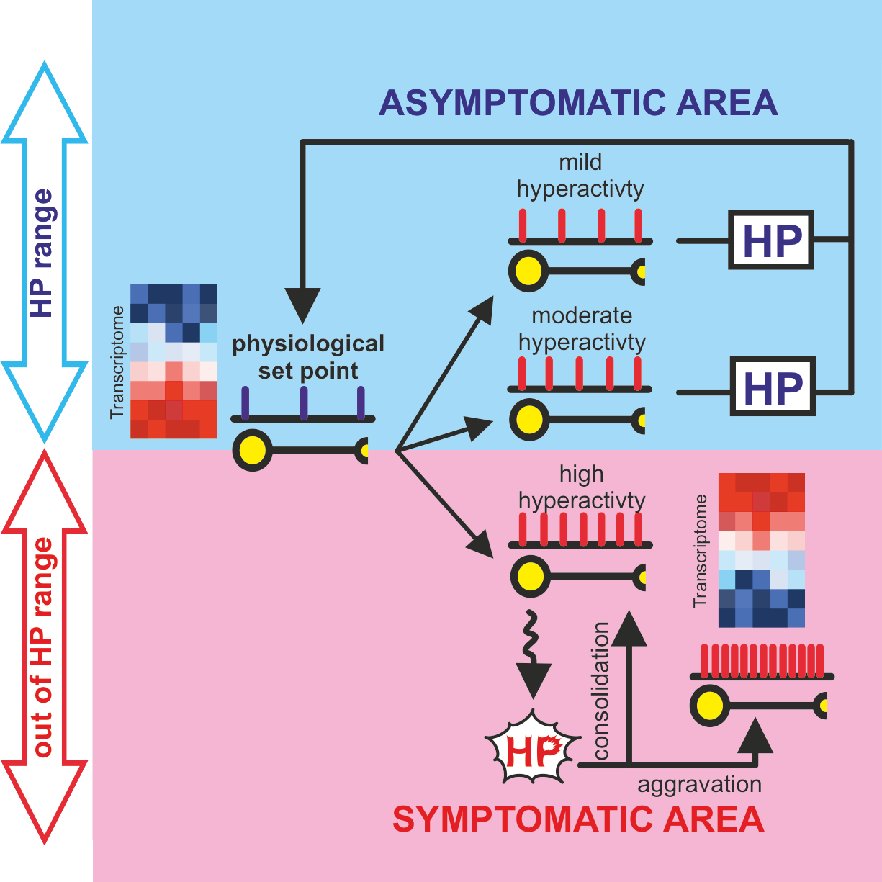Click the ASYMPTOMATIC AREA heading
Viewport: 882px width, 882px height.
pyautogui.click(x=578, y=103)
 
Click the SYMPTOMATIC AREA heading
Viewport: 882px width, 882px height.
pyautogui.click(x=578, y=820)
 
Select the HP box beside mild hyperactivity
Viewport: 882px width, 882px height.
pyautogui.click(x=771, y=240)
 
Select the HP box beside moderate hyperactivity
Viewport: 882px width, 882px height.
pyautogui.click(x=773, y=387)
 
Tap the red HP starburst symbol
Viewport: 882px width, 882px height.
pyautogui.click(x=532, y=750)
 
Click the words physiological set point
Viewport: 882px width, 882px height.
pyautogui.click(x=308, y=357)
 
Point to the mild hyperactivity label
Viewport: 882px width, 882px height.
pyautogui.click(x=580, y=176)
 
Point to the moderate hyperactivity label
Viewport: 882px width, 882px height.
pyautogui.click(x=582, y=328)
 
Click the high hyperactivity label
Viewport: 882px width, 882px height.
pyautogui.click(x=582, y=487)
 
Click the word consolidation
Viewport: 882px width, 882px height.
pyautogui.click(x=601, y=691)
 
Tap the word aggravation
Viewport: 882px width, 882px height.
pyautogui.click(x=699, y=784)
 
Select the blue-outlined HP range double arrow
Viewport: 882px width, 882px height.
pyautogui.click(x=45, y=252)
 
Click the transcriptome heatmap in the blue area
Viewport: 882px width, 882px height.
pyautogui.click(x=174, y=361)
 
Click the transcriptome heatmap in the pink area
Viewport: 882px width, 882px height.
pyautogui.click(x=761, y=550)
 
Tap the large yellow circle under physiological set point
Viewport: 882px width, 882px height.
pyautogui.click(x=253, y=451)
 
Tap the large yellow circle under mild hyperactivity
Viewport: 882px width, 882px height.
pyautogui.click(x=529, y=271)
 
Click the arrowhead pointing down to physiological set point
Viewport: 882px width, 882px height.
pyautogui.click(x=303, y=303)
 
